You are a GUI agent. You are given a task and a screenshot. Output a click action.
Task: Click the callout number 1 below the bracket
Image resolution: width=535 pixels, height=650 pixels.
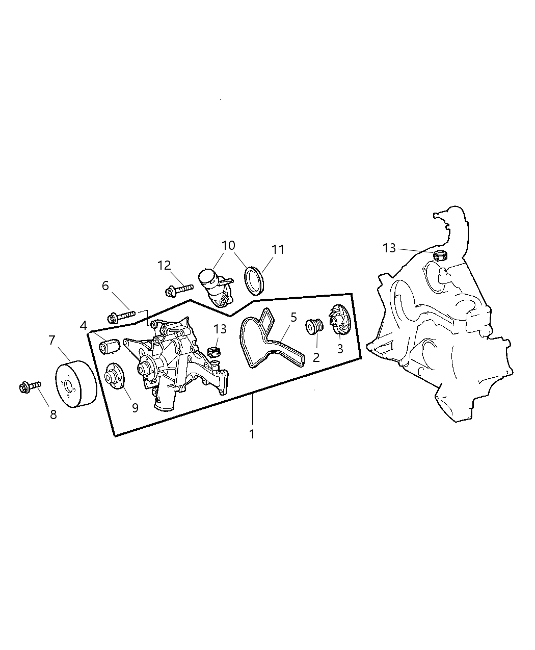point(252,434)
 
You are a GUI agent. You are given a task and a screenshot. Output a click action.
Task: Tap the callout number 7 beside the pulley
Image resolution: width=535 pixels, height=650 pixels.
point(52,340)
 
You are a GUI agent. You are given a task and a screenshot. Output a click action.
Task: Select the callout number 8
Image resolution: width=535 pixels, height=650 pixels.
point(53,414)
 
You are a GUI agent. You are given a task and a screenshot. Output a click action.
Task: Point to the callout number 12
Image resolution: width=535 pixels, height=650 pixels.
point(164,266)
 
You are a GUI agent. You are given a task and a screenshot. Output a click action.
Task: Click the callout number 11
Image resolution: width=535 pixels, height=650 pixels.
point(278,249)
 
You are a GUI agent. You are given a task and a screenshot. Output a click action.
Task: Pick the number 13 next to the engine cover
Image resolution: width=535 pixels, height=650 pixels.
point(389,248)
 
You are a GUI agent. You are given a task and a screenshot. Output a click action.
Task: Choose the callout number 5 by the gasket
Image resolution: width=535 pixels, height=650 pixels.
point(293,317)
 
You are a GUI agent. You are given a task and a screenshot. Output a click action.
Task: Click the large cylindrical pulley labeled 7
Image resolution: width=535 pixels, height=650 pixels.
point(76,384)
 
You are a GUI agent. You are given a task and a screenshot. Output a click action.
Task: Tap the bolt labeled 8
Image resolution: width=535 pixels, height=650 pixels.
point(30,387)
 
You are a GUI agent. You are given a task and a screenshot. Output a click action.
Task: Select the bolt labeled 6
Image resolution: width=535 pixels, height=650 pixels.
point(121,316)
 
